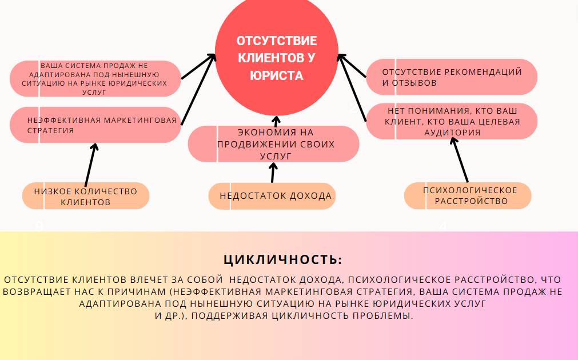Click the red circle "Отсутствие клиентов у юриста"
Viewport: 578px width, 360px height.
coord(276,57)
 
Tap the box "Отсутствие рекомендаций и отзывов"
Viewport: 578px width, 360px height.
coord(451,77)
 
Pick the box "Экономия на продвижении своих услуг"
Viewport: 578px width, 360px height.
coord(274,144)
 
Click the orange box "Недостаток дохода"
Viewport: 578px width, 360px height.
coord(272,196)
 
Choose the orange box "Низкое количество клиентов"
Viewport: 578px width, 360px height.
coord(86,196)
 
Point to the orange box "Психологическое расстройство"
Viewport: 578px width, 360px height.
coord(468,195)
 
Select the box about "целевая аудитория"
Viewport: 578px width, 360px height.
coord(451,122)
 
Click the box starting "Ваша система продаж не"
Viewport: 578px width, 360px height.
coord(95,78)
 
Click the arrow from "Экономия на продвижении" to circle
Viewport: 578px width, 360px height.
coord(276,121)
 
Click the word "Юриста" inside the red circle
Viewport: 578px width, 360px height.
coord(277,75)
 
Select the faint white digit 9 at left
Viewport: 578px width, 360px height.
coord(39,226)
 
